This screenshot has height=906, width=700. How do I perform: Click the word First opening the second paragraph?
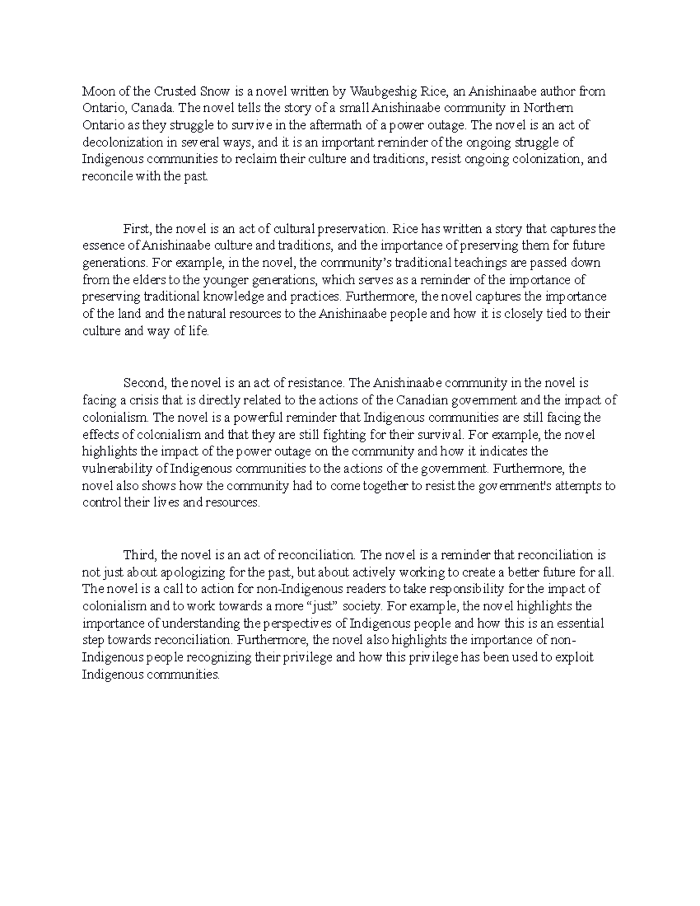(136, 229)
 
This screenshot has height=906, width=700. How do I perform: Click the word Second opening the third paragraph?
(143, 383)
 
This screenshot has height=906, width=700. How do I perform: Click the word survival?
(438, 435)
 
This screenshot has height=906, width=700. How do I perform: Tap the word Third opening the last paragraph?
(138, 555)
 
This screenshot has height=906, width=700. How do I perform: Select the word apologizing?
(202, 572)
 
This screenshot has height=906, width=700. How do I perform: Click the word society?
(363, 606)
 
